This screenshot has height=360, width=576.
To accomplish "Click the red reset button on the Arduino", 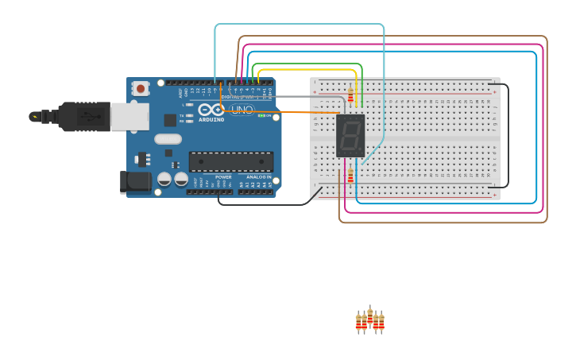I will [141, 88].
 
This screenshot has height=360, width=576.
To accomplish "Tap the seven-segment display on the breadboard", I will [350, 136].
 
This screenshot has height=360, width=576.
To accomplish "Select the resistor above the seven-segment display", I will [350, 96].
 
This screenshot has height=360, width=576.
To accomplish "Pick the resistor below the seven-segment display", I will [350, 176].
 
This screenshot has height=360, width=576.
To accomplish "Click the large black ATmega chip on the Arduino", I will [230, 162].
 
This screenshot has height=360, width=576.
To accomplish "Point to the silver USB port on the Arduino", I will [129, 117].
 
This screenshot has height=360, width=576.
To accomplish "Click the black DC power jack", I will [135, 182].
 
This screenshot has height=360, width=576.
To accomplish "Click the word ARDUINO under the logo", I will [211, 120].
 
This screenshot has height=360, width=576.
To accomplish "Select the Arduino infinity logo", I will [211, 110].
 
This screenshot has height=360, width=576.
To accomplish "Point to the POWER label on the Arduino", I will [223, 177].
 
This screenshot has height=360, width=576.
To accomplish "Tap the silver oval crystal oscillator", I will [168, 139].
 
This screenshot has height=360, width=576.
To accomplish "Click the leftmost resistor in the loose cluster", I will [359, 322].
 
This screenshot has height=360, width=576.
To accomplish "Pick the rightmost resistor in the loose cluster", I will [381, 322].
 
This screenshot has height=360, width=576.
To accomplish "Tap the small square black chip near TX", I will [170, 120].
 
